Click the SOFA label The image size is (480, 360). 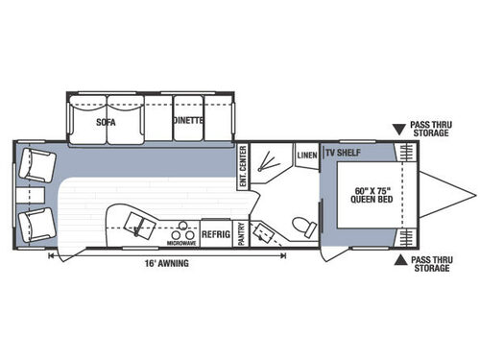pos(107,122)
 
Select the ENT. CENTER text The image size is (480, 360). pos(243,166)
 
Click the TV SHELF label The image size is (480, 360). pos(343,154)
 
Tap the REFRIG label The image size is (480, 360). pos(214,232)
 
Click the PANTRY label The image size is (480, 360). pos(242,233)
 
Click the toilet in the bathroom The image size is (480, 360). pos(305,227)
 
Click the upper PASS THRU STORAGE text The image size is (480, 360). pos(428,130)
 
